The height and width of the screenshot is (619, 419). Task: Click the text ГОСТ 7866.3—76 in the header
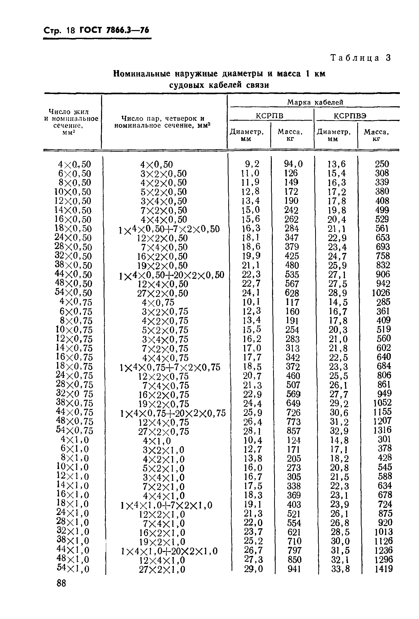(114, 30)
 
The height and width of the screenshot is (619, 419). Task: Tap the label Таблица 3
(361, 58)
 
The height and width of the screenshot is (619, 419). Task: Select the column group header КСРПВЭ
(350, 116)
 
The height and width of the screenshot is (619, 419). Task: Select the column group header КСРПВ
(269, 116)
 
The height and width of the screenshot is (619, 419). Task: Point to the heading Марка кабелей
(315, 102)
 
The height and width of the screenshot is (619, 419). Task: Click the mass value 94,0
(293, 164)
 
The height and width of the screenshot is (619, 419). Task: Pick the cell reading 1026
(381, 293)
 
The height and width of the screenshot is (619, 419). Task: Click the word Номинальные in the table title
(142, 74)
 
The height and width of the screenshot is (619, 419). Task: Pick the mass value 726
(293, 413)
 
